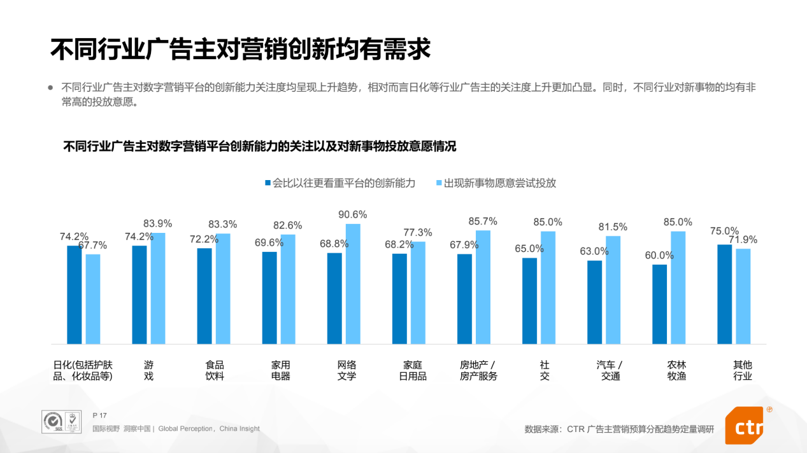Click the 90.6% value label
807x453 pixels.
(x=354, y=215)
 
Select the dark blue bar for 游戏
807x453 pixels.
(x=139, y=295)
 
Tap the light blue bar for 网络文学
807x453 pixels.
(x=353, y=284)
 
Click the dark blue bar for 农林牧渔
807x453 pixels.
(x=659, y=304)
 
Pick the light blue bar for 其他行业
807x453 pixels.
(x=743, y=296)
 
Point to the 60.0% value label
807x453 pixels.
(x=659, y=255)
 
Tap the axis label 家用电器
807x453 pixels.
(x=280, y=370)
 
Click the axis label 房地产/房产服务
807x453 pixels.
(x=478, y=370)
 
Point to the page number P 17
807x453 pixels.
(x=99, y=415)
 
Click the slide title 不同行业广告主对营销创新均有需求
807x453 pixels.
(x=240, y=49)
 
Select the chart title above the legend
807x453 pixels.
(x=260, y=146)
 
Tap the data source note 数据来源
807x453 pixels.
(x=619, y=429)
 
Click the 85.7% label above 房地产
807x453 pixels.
(x=482, y=221)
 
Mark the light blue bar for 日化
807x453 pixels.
(x=93, y=299)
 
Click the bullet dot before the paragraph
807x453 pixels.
(x=51, y=88)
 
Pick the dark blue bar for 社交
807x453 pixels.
(x=529, y=301)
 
